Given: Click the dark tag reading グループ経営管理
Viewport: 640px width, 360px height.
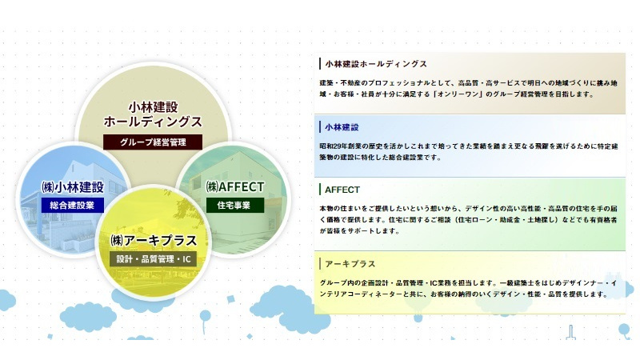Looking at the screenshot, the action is [153, 142].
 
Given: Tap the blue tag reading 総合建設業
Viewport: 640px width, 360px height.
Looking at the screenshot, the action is [72, 205].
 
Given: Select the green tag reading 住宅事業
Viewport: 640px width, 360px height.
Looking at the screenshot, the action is [234, 205].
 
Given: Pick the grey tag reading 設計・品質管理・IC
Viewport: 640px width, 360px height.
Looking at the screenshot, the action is [153, 258].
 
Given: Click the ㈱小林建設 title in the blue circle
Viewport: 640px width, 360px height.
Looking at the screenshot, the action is [73, 187].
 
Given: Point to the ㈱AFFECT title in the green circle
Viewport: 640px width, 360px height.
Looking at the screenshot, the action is [235, 187].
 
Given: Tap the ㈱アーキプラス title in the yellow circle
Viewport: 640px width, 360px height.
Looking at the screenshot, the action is [154, 241].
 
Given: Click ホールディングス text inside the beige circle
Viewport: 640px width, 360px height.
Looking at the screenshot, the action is [153, 122].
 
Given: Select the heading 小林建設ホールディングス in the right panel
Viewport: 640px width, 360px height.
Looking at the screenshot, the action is [376, 64].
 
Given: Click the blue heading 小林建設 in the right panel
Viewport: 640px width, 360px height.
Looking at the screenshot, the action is [342, 127].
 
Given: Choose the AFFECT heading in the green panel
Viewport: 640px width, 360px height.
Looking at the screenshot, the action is [342, 190].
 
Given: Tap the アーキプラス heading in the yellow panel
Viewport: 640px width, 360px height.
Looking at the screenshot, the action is [350, 264].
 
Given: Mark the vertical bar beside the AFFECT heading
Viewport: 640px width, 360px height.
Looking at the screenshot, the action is [320, 190].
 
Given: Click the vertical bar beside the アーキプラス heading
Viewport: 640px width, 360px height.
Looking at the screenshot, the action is [320, 264].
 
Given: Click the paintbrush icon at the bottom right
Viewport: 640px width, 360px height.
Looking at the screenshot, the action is [570, 332].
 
